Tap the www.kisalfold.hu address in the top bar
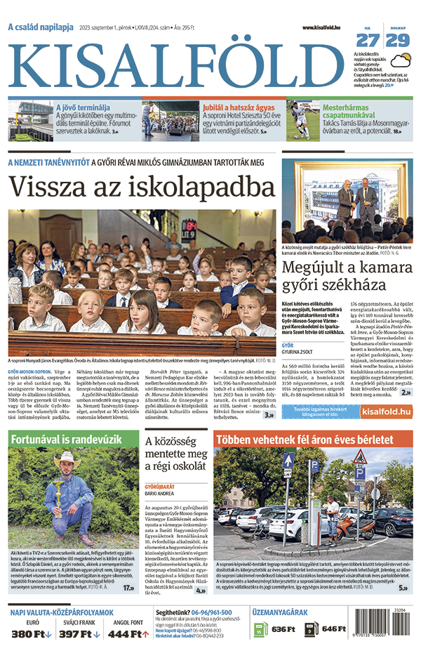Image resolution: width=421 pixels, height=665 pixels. click(321, 27)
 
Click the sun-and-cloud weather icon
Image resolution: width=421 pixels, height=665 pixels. click(399, 40)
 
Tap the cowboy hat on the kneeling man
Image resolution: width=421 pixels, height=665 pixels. click(67, 457)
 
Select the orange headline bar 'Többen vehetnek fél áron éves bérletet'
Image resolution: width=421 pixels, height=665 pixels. click(313, 440)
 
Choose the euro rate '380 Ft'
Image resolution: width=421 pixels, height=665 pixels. click(32, 634)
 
